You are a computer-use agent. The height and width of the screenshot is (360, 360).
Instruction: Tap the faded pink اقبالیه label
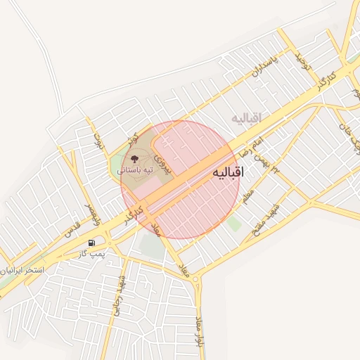tap(245, 118)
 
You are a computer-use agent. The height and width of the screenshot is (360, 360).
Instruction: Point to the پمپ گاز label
tap(91, 253)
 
